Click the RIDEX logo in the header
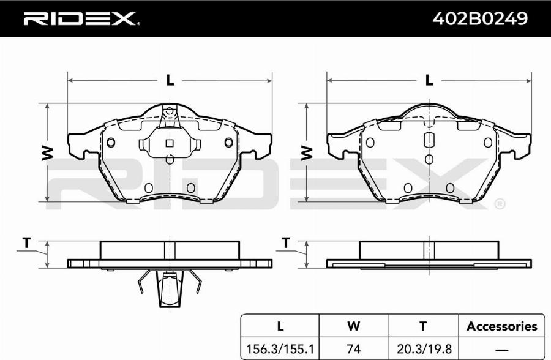coord(81,19)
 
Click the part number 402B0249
coord(479,18)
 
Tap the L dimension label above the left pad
coord(170,80)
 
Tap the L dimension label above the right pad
coord(429,80)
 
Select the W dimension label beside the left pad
coord(47,153)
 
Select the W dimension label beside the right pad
coord(307,153)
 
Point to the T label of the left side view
coord(27,242)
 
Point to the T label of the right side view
coord(286,242)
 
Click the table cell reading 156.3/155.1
coord(280,349)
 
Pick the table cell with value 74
coord(353,349)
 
